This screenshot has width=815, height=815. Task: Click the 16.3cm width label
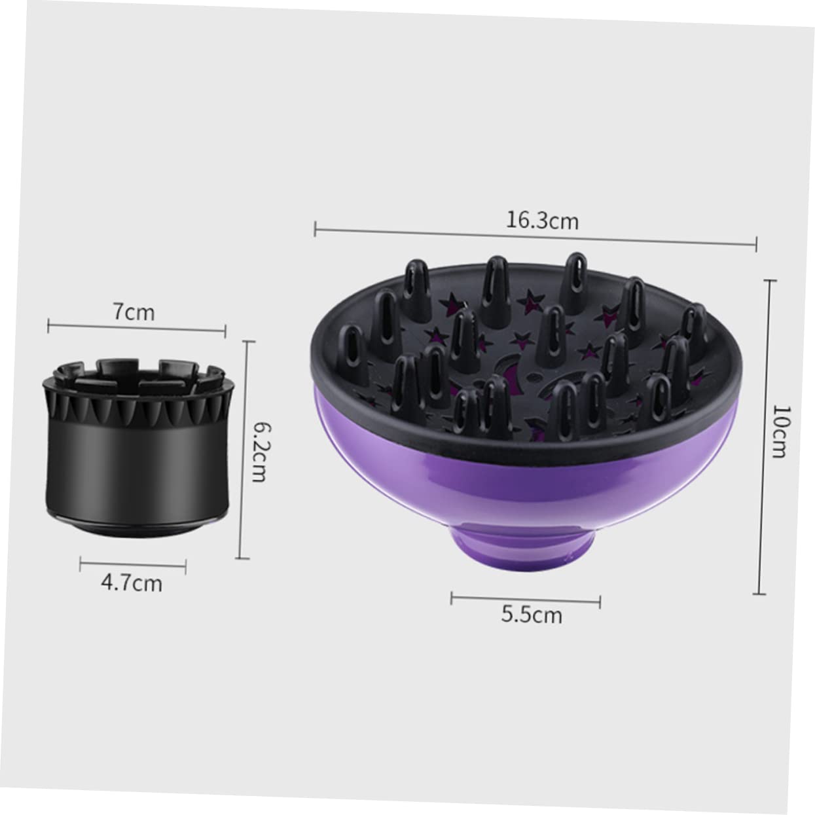[541, 221]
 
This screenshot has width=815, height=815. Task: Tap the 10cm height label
[778, 431]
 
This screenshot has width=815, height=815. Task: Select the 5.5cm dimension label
[532, 615]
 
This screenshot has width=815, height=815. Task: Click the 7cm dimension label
[134, 312]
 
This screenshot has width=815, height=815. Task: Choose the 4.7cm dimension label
[131, 583]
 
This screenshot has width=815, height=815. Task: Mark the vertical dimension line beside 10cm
[760, 437]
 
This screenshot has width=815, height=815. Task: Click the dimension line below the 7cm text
[137, 328]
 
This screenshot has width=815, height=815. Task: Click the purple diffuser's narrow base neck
[524, 543]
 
